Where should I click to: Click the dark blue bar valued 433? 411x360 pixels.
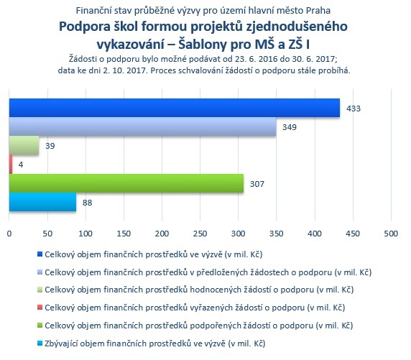point(175,108)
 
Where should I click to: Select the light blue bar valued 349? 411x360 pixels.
point(142,126)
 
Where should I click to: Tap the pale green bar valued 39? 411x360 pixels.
point(24,145)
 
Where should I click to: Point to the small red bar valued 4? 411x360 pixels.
point(11,164)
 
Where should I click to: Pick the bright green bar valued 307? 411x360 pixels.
point(126,183)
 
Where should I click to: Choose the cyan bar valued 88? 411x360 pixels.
point(42,202)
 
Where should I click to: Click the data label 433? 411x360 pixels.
point(354,109)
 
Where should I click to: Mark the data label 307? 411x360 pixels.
point(257,184)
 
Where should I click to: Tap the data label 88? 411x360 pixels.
point(87,203)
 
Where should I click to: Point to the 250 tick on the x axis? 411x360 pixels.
point(200,234)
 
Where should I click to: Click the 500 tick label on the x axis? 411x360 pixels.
point(391,234)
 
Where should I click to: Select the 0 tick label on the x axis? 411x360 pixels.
point(9,234)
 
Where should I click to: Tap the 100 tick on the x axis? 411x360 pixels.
point(86,234)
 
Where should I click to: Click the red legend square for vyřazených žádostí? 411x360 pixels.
point(40,308)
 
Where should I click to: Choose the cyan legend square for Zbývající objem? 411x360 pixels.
point(40,343)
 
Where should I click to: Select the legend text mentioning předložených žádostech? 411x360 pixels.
point(208,272)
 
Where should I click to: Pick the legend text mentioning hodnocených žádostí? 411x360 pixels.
point(199,290)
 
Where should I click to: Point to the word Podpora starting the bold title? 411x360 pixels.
point(85,27)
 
